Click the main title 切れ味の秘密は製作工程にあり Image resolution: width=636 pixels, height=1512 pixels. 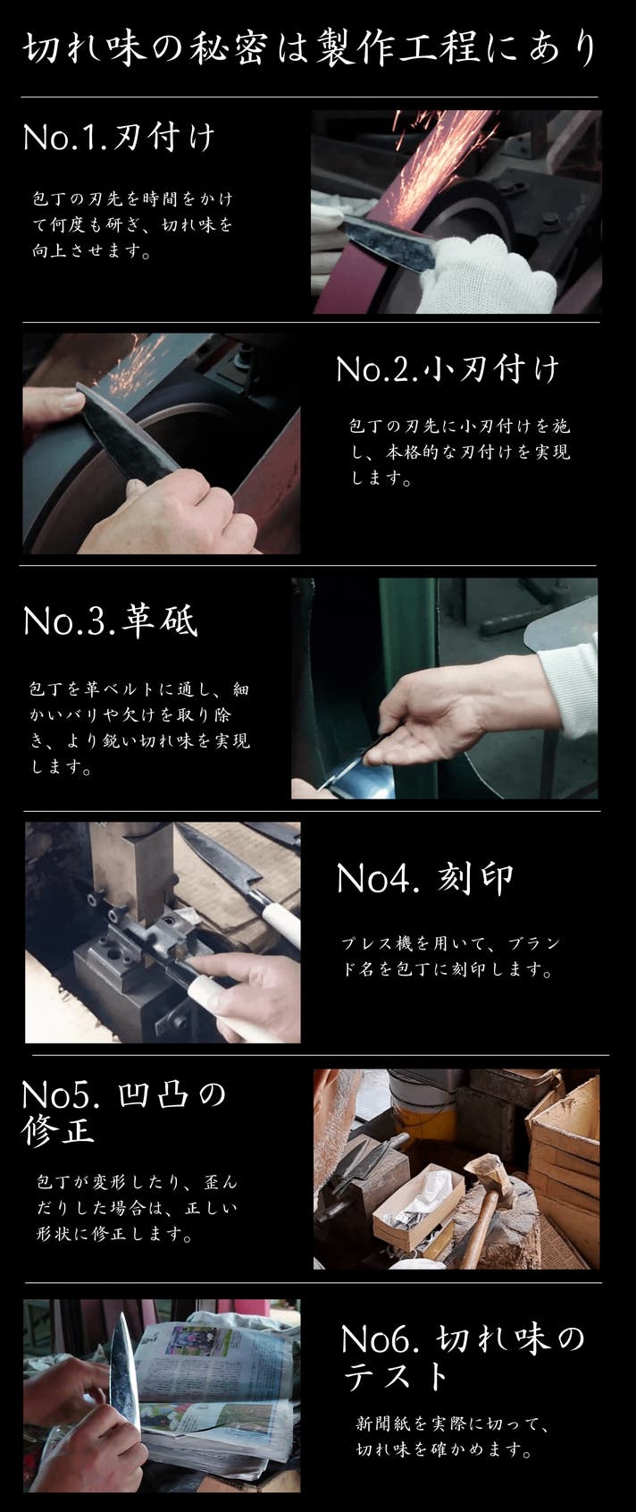[x=310, y=48]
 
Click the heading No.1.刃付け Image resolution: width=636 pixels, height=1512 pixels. [x=119, y=137]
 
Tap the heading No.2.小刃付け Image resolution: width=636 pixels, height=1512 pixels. [x=448, y=369]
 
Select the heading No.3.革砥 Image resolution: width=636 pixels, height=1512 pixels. [x=111, y=621]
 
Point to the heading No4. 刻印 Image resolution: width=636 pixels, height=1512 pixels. [x=425, y=878]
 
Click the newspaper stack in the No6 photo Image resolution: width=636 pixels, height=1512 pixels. [x=216, y=1390]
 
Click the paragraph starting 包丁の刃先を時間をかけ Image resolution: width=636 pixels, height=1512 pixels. [x=132, y=224]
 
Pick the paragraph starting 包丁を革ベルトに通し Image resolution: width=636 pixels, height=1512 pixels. [x=139, y=728]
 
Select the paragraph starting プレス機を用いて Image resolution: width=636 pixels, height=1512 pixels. [x=450, y=957]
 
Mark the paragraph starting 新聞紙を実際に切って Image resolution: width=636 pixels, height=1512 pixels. [x=453, y=1436]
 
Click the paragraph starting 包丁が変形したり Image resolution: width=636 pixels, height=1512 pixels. [x=137, y=1208]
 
